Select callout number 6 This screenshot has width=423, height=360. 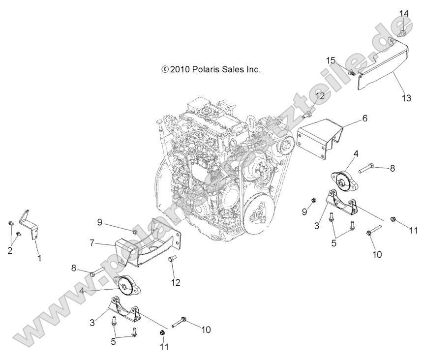click(364, 119)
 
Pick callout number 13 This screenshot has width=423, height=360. click(406, 98)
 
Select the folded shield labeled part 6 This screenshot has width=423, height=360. click(320, 136)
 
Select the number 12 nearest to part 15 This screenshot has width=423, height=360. click(321, 95)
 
